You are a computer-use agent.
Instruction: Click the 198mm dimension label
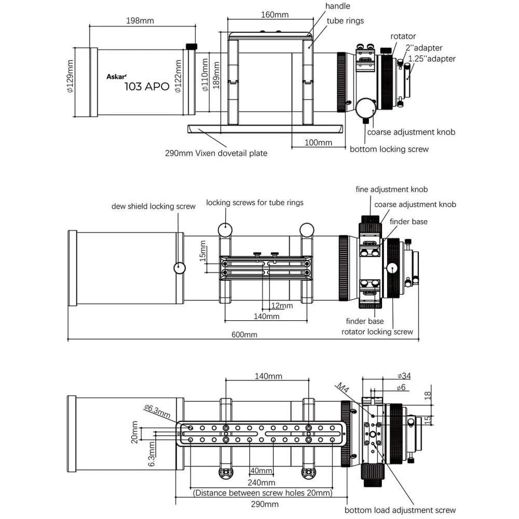(140, 21)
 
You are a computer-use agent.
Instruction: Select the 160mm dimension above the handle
(275, 15)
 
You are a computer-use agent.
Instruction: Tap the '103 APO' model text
(147, 86)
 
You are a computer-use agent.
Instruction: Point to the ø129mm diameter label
(71, 76)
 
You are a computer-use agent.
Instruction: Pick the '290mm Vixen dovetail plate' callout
(216, 153)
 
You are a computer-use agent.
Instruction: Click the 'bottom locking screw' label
(389, 149)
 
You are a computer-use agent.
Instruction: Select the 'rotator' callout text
(403, 36)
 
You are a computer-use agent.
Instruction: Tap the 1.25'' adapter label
(432, 59)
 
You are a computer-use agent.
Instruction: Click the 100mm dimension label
(318, 143)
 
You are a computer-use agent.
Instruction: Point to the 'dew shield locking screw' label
(154, 206)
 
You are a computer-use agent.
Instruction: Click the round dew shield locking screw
(180, 268)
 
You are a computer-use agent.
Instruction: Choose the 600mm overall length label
(244, 335)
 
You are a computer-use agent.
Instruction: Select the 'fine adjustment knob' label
(391, 189)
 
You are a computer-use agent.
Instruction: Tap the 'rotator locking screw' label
(377, 332)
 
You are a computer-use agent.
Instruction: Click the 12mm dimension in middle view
(282, 306)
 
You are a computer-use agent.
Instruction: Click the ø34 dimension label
(404, 376)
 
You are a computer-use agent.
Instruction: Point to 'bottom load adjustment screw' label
(400, 510)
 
